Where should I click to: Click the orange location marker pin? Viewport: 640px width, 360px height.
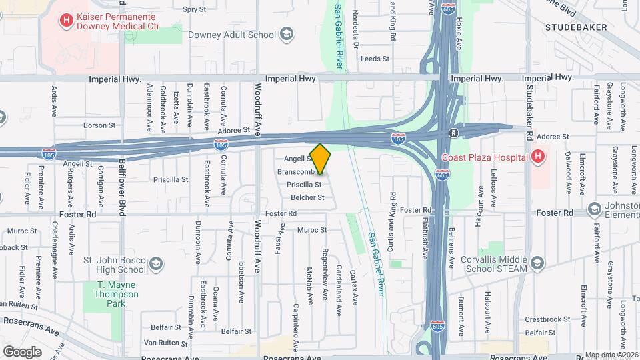click(321, 159)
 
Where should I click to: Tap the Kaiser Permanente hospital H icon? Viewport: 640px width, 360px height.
click(66, 21)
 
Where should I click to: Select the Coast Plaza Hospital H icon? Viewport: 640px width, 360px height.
click(537, 157)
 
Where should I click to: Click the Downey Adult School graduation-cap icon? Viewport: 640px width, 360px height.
click(286, 35)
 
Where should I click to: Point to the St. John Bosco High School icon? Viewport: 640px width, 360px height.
click(156, 263)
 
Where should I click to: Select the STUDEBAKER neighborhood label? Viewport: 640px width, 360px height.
click(575, 27)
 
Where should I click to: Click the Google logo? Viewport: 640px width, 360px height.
click(22, 351)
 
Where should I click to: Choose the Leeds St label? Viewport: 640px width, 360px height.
click(375, 59)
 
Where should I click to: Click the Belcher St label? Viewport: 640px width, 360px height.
click(307, 197)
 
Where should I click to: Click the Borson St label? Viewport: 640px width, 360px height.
click(99, 125)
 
